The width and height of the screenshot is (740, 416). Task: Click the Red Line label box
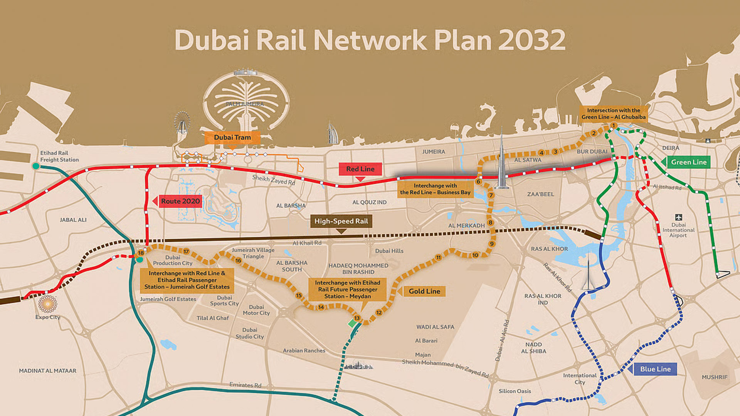(x=360, y=169)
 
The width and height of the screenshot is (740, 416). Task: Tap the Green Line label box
(x=688, y=162)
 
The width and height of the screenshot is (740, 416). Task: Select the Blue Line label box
(x=655, y=369)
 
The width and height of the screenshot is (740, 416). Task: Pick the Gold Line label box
(x=424, y=291)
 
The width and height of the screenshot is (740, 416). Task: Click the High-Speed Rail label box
(x=341, y=221)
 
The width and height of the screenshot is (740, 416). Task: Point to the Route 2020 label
(x=180, y=201)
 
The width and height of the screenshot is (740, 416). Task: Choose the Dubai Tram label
(x=232, y=138)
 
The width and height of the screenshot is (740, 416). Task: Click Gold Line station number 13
(x=357, y=318)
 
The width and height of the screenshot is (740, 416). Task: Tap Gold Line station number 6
(x=478, y=181)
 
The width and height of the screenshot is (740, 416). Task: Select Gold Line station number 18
(x=141, y=253)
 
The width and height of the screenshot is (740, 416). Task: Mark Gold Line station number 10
(x=475, y=255)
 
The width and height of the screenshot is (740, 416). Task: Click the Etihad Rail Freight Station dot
(x=36, y=166)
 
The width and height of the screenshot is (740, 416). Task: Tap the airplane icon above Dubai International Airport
(x=678, y=217)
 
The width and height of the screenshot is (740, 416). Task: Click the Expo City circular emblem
(x=48, y=304)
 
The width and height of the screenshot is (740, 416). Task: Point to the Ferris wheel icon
(x=182, y=122)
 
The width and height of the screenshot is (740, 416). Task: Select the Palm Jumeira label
(x=245, y=104)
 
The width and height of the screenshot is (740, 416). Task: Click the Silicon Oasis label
(x=515, y=391)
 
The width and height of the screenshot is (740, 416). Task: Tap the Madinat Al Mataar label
(x=48, y=371)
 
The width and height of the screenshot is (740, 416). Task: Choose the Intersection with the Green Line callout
(x=613, y=114)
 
